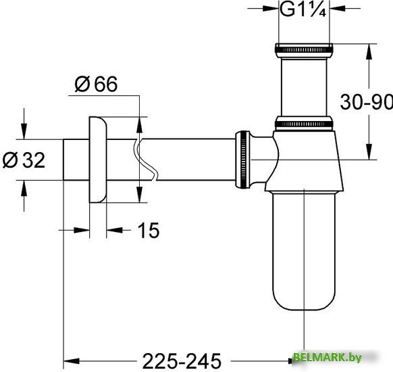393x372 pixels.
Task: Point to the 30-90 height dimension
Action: tap(364, 102)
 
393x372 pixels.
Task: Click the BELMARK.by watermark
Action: tap(342, 357)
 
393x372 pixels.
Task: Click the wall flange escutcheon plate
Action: tap(97, 160)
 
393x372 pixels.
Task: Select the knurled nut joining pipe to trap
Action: tap(241, 160)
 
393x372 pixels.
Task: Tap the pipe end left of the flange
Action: tap(75, 160)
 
